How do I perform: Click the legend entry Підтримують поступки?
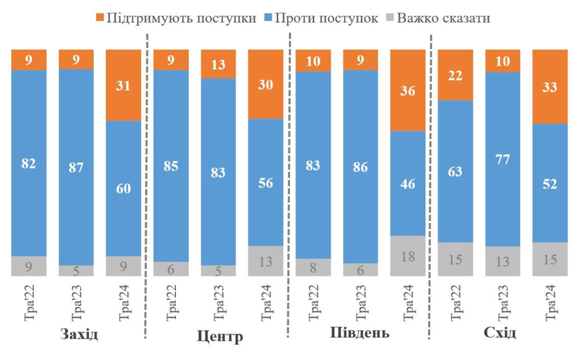[x=176, y=18]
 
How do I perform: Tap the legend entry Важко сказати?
[x=443, y=18]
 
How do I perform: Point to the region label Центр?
[x=220, y=336]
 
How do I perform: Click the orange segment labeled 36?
[x=408, y=90]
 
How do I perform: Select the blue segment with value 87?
[x=76, y=167]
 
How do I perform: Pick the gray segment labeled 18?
[x=408, y=256]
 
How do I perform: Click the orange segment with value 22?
[x=456, y=75]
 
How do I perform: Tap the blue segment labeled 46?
[x=408, y=183]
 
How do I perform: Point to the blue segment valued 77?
[x=503, y=159]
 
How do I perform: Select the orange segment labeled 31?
[x=124, y=85]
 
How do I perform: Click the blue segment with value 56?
[x=266, y=182]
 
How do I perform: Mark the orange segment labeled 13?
[x=218, y=64]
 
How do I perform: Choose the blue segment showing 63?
[x=456, y=171]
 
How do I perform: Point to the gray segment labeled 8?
[x=313, y=267]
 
